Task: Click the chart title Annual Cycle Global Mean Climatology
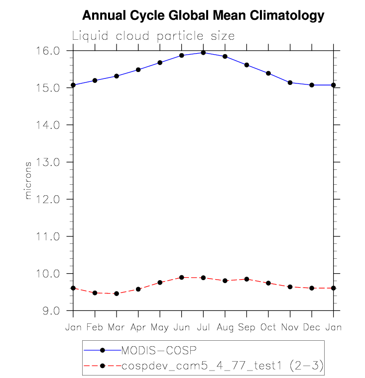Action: click(x=203, y=16)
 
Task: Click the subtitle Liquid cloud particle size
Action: click(x=153, y=36)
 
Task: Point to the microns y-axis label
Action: click(x=28, y=180)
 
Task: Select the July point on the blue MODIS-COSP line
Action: click(x=203, y=52)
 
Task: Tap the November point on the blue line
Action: click(x=290, y=82)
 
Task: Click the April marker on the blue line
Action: click(x=138, y=70)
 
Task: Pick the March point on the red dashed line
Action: click(x=117, y=294)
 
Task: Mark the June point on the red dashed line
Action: click(x=182, y=277)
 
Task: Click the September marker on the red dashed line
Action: click(x=246, y=279)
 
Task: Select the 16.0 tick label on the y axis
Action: click(x=48, y=51)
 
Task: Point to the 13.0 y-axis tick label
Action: click(x=48, y=162)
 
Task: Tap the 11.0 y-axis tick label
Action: click(x=48, y=236)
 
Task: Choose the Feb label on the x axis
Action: click(x=95, y=328)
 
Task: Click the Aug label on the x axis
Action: click(x=225, y=328)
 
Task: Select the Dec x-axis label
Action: click(x=312, y=328)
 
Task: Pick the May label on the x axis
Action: click(x=160, y=328)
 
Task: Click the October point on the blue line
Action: click(x=268, y=73)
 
